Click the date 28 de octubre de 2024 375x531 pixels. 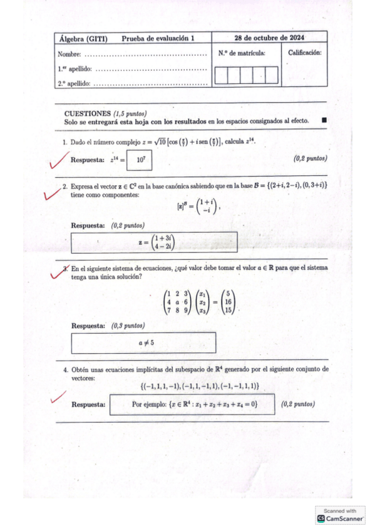pos(269,38)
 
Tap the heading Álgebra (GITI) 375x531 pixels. pos(83,39)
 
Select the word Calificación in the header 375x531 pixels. pos(305,53)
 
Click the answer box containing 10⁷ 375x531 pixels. pos(140,160)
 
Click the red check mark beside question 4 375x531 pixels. pos(58,397)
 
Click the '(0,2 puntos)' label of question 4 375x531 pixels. pos(298,404)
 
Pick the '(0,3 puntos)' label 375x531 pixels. pos(128,326)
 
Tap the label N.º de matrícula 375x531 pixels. pos(242,53)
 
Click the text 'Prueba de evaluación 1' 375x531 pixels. pos(158,39)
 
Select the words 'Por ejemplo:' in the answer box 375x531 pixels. pos(148,405)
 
